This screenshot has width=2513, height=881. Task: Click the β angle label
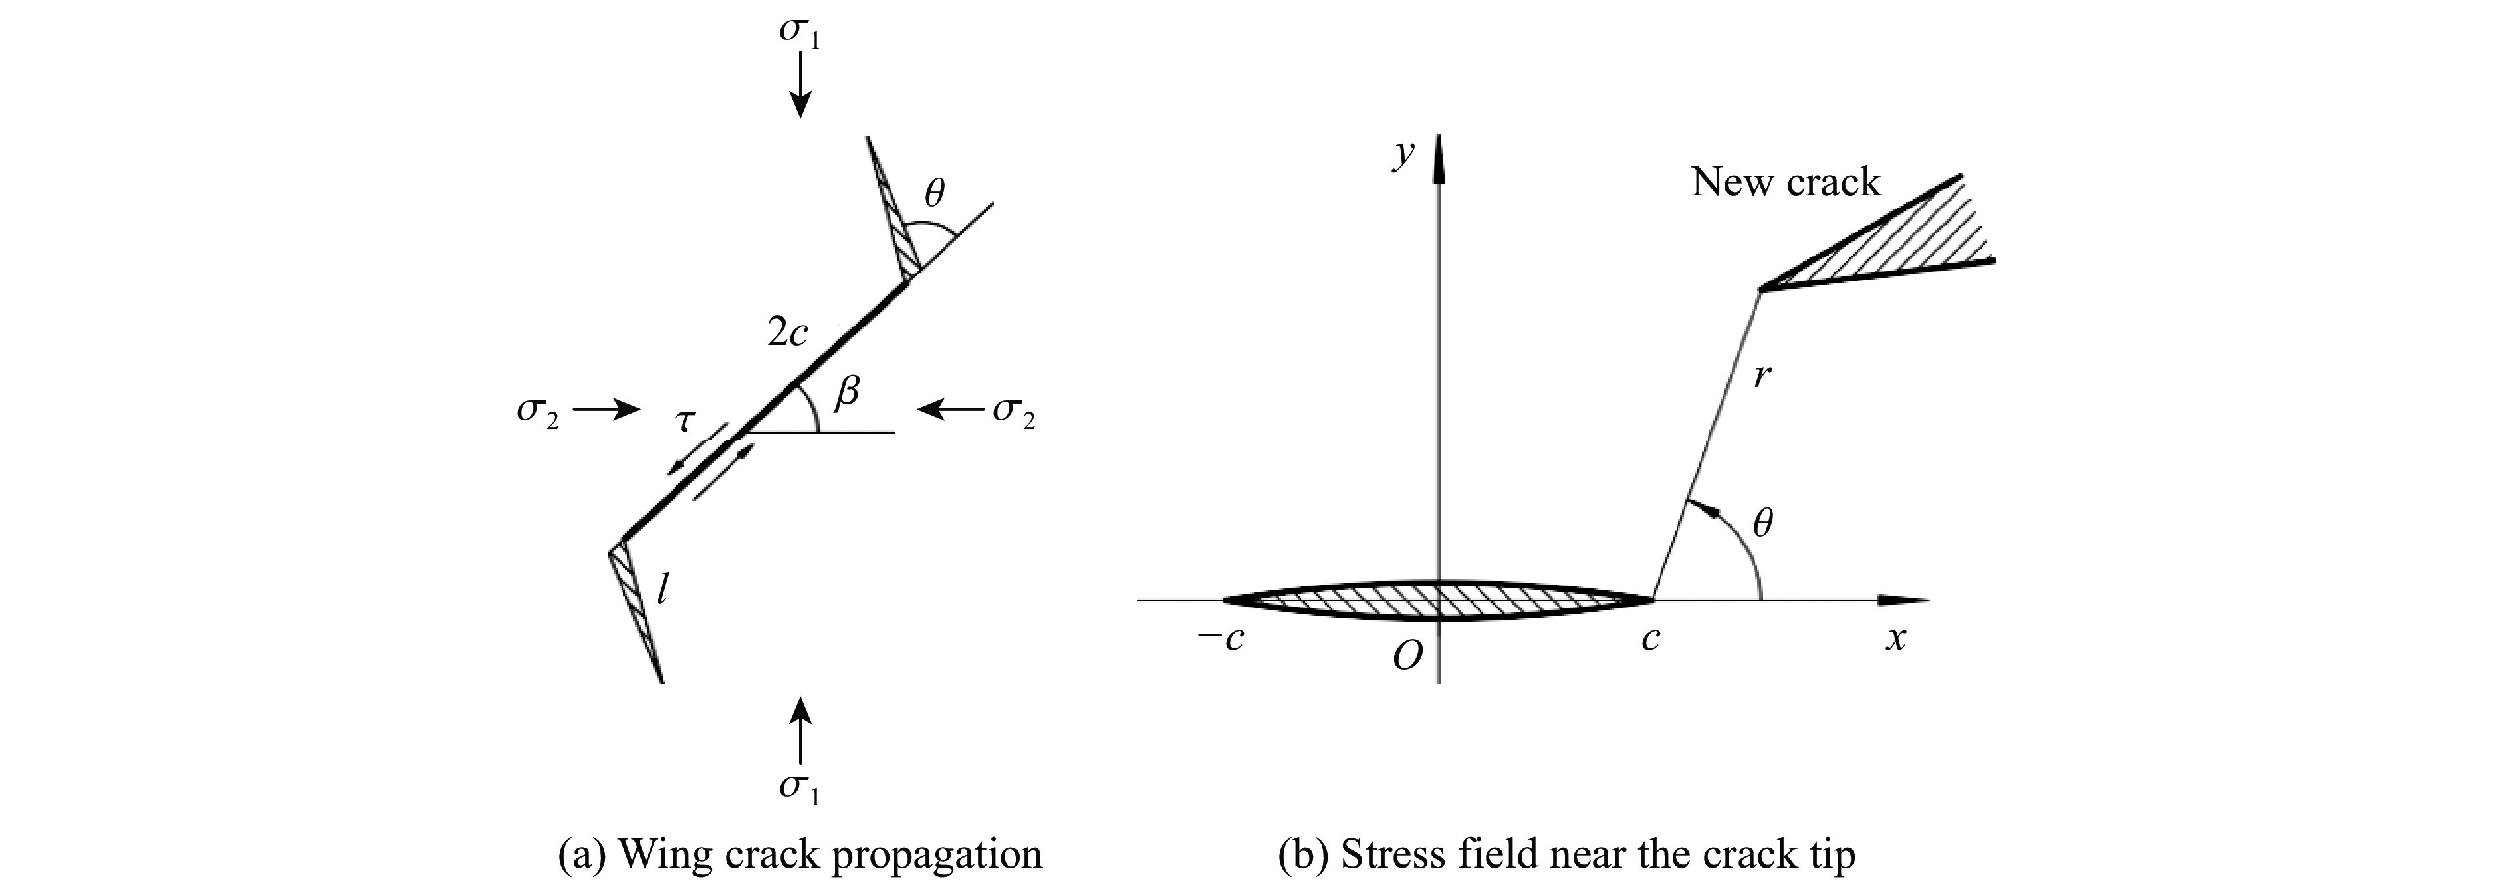tap(848, 393)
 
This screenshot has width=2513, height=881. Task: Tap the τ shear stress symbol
tap(686, 420)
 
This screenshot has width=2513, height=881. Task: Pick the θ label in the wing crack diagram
tap(933, 193)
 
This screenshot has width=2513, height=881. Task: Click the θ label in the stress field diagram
tap(1762, 525)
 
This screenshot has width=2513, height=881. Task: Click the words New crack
tap(1785, 182)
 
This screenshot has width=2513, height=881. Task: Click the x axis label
tap(1895, 640)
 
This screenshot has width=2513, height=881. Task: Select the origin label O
tap(1407, 657)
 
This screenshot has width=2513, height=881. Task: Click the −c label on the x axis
tap(1221, 640)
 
